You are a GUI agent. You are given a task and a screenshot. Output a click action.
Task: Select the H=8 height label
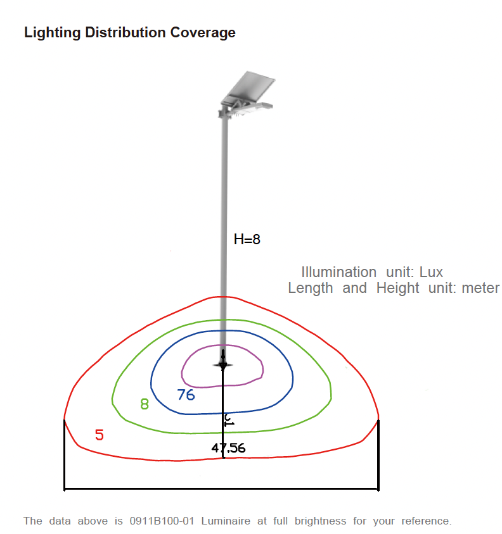pyautogui.click(x=247, y=239)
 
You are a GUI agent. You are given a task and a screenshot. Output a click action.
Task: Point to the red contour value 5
pyautogui.click(x=100, y=435)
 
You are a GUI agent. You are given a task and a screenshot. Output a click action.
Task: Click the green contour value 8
pyautogui.click(x=145, y=404)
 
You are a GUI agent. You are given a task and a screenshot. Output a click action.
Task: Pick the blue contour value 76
pyautogui.click(x=186, y=395)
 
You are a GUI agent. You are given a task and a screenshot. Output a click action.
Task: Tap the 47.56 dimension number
pyautogui.click(x=228, y=449)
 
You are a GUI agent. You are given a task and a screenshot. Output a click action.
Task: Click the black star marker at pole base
pyautogui.click(x=222, y=365)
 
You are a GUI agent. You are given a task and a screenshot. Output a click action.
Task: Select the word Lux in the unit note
pyautogui.click(x=431, y=272)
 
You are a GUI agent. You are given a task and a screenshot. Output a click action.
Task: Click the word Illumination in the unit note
pyautogui.click(x=338, y=272)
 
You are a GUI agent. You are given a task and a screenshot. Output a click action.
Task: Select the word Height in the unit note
pyautogui.click(x=397, y=289)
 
